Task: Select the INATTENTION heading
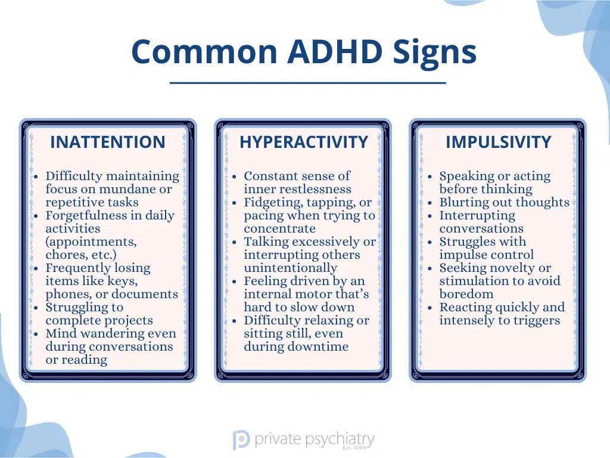(108, 142)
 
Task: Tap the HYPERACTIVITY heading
(304, 142)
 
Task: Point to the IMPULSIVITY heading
(499, 142)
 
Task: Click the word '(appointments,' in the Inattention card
(91, 242)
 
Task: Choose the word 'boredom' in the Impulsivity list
(466, 294)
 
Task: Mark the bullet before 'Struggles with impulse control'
(430, 242)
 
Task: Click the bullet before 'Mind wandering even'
(36, 334)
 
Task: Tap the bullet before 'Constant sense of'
(234, 177)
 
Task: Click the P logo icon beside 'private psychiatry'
(241, 440)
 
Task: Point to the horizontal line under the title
(308, 83)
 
